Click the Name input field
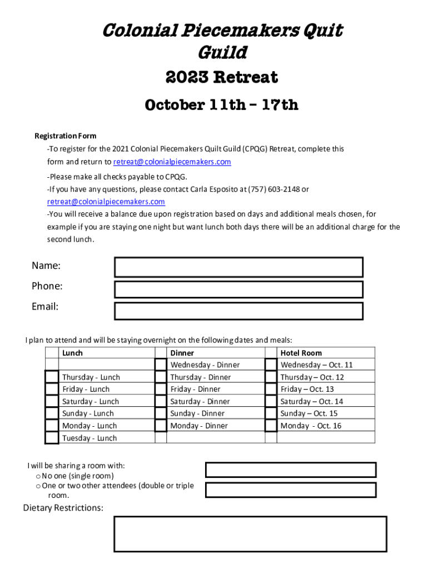(238, 267)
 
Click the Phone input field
(238, 290)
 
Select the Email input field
(238, 311)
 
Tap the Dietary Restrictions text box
(250, 534)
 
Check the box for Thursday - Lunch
(52, 377)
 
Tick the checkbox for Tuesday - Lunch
(52, 438)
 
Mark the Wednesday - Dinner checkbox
(161, 365)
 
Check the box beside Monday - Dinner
(161, 426)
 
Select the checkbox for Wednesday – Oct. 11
(271, 365)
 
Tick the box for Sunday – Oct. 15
(271, 413)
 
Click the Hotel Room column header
(301, 353)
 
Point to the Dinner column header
(182, 353)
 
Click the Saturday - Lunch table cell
(91, 401)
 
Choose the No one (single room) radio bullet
(37, 476)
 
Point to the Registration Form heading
(66, 136)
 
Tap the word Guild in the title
(222, 53)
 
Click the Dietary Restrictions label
(63, 508)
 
